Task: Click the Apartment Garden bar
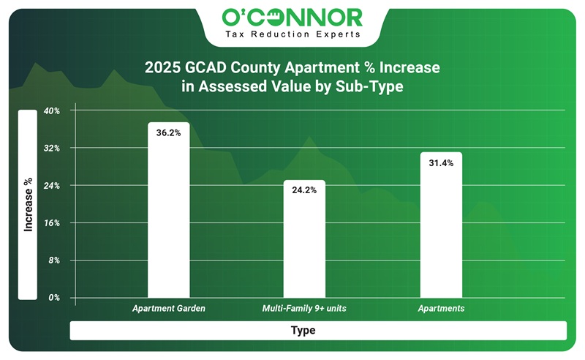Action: tap(168, 212)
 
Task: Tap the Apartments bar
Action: tap(441, 227)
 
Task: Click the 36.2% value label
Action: tap(168, 133)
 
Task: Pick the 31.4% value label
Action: tap(441, 163)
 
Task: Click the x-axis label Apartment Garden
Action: tap(168, 309)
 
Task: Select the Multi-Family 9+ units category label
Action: tap(304, 309)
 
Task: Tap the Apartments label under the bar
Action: tap(441, 309)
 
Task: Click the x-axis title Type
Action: tap(303, 331)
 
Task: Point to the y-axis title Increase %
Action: tap(28, 205)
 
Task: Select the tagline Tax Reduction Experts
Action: tap(292, 34)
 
